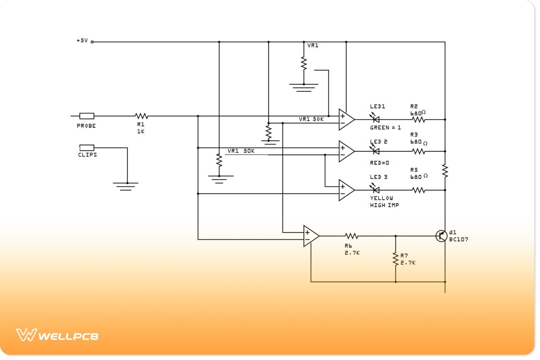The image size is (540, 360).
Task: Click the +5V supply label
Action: coord(82,40)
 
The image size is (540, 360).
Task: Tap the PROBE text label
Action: coord(86,126)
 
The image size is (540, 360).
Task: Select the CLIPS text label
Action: coord(87,155)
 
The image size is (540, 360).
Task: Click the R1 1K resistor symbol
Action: coord(141,116)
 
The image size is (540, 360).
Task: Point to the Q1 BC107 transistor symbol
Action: coord(442,235)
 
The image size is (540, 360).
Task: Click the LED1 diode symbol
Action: coord(374,119)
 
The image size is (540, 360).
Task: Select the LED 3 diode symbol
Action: coord(374,190)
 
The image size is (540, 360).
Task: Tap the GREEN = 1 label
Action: coord(385,128)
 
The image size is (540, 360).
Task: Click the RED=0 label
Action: coord(379,162)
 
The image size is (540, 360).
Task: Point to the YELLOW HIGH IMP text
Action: coord(384,202)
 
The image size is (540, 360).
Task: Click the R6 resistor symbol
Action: coord(351,235)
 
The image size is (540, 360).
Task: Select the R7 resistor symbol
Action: coord(396,258)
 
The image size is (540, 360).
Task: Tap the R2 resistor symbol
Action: coord(418,120)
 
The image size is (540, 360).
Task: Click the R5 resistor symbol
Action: coord(418,190)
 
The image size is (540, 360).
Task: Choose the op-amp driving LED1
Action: coord(346,119)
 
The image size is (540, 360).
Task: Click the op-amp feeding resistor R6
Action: coord(310,236)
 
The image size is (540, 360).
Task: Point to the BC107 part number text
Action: coord(459,240)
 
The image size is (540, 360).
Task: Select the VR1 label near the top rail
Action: coord(313,45)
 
